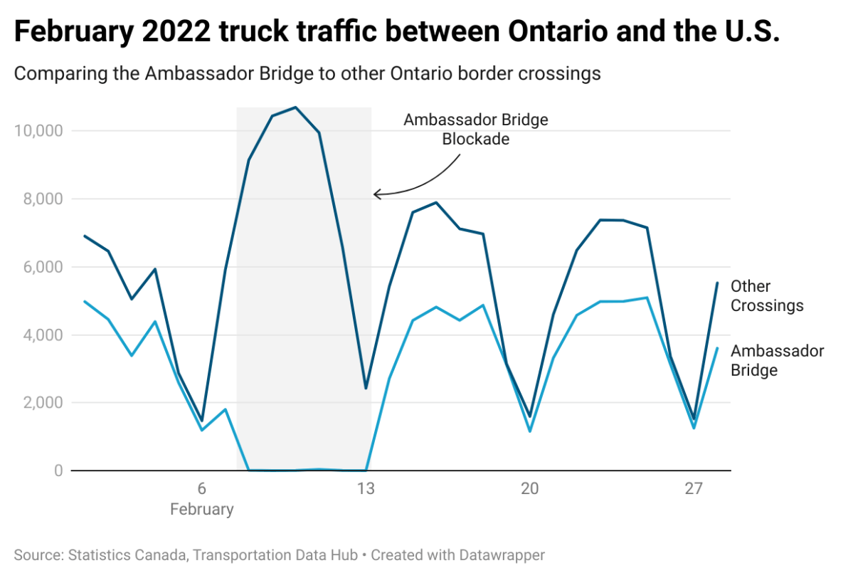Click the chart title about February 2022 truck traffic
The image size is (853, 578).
[x=397, y=33]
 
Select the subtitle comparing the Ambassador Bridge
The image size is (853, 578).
[x=307, y=73]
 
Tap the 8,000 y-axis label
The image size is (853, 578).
[x=40, y=199]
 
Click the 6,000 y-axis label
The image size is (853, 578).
[x=40, y=267]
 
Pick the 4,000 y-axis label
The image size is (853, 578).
[x=40, y=335]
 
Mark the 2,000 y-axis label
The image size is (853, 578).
[x=40, y=403]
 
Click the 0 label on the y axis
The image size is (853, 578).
[x=58, y=471]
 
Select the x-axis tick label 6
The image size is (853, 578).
[x=201, y=489]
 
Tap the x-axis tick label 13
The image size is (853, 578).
[x=365, y=489]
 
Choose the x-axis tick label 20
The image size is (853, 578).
[x=529, y=489]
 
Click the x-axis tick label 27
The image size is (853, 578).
[x=694, y=489]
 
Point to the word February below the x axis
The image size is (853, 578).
[x=201, y=510]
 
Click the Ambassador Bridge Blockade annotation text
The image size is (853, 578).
[x=476, y=129]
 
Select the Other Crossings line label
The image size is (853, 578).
[x=767, y=296]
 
